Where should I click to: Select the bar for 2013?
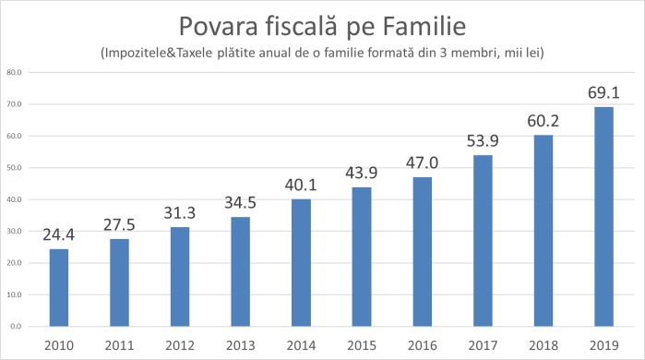pos(239,271)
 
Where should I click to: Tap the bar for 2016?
pos(422,251)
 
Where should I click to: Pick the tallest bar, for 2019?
pos(603,216)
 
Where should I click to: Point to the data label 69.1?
pos(603,93)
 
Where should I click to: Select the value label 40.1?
pos(300,185)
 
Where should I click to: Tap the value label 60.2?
pos(543,121)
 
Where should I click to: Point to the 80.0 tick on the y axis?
pos(14,72)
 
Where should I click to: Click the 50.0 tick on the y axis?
pos(14,167)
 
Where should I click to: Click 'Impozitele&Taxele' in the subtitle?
pos(157,53)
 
